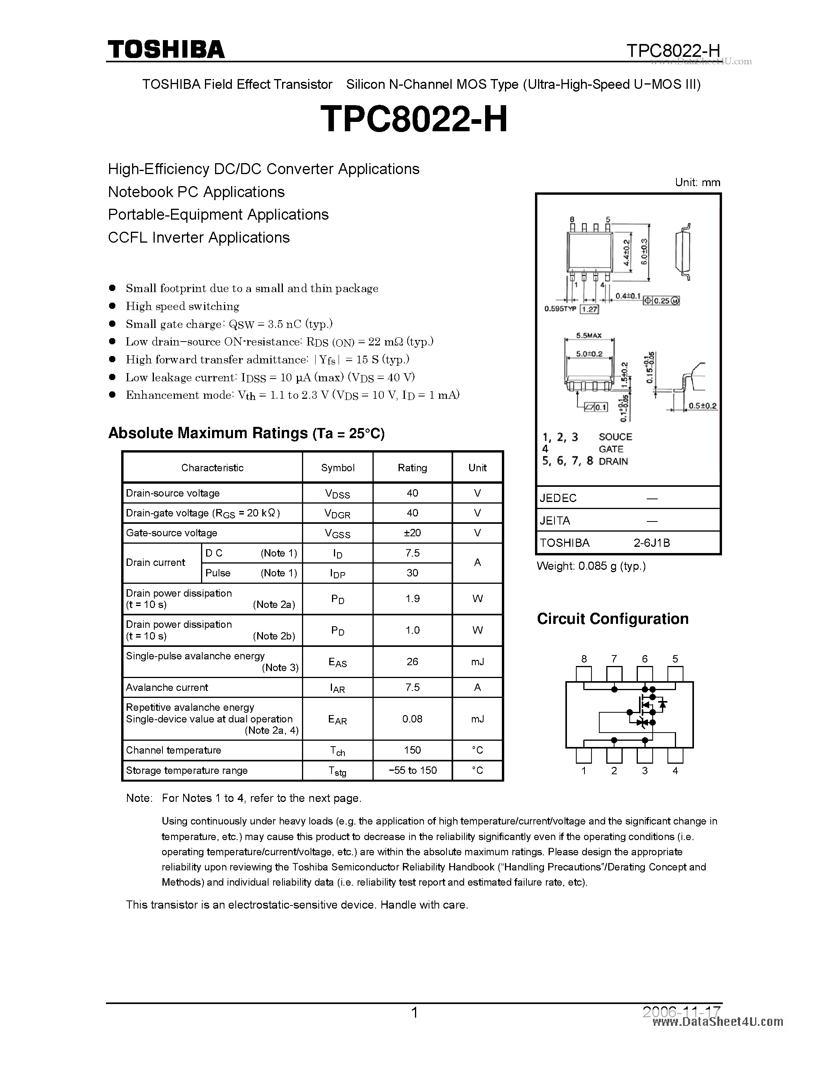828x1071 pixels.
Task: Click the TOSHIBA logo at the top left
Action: [166, 49]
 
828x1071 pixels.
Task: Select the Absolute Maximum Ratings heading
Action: [246, 433]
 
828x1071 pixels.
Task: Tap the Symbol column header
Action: [337, 468]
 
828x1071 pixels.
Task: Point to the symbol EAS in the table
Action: [337, 662]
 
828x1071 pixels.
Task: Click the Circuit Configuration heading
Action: [613, 619]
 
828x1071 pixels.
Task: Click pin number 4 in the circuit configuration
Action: [675, 771]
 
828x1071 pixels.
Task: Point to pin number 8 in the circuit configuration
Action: [584, 659]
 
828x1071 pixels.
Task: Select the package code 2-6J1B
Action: [651, 543]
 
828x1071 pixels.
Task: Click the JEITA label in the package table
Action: [555, 521]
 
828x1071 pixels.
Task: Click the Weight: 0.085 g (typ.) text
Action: [591, 566]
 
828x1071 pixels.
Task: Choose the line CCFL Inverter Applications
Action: [199, 237]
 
